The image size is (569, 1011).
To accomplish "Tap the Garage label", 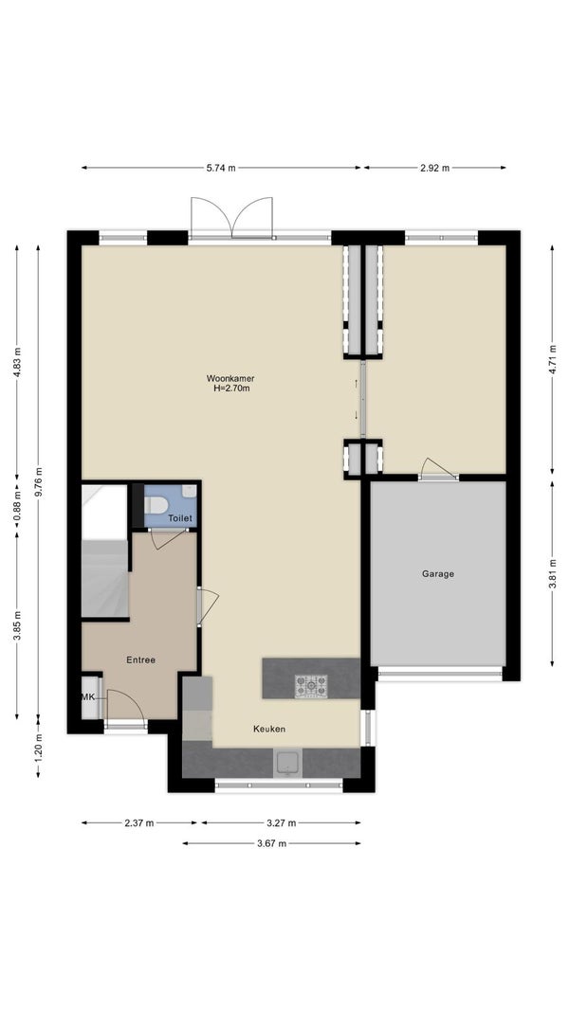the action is click(x=438, y=573).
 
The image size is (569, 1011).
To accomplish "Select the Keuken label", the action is click(x=269, y=729).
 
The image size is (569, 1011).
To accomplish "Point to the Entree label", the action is click(x=140, y=659).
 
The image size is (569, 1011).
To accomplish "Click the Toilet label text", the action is click(x=180, y=517).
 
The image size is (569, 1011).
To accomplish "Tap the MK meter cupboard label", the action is click(x=88, y=697).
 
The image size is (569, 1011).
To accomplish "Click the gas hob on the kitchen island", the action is click(x=311, y=686).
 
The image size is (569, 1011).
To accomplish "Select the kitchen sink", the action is click(x=287, y=764).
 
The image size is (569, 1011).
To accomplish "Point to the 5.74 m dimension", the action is click(x=221, y=168).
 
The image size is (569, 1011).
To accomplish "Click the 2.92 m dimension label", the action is click(x=435, y=168).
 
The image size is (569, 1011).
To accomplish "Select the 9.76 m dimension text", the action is click(x=39, y=481).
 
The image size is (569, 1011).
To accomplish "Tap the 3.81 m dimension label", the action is click(x=552, y=573).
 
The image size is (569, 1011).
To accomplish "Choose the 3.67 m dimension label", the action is click(x=271, y=843).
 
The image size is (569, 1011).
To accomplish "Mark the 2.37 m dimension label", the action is click(x=139, y=822).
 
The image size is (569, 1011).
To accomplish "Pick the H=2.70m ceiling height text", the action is click(x=231, y=388).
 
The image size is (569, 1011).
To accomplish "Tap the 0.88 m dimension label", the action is click(x=17, y=506).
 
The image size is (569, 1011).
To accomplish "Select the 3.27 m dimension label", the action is click(x=282, y=822).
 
